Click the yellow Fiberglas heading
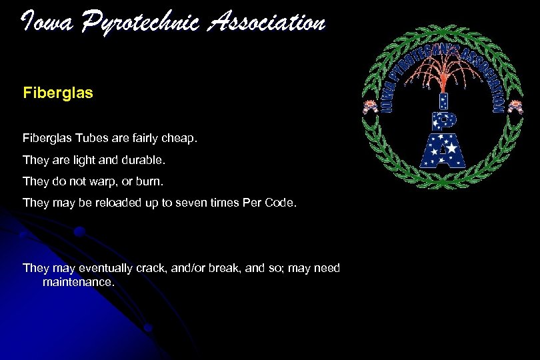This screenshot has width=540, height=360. [x=57, y=92]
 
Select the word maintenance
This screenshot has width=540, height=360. [x=78, y=282]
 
